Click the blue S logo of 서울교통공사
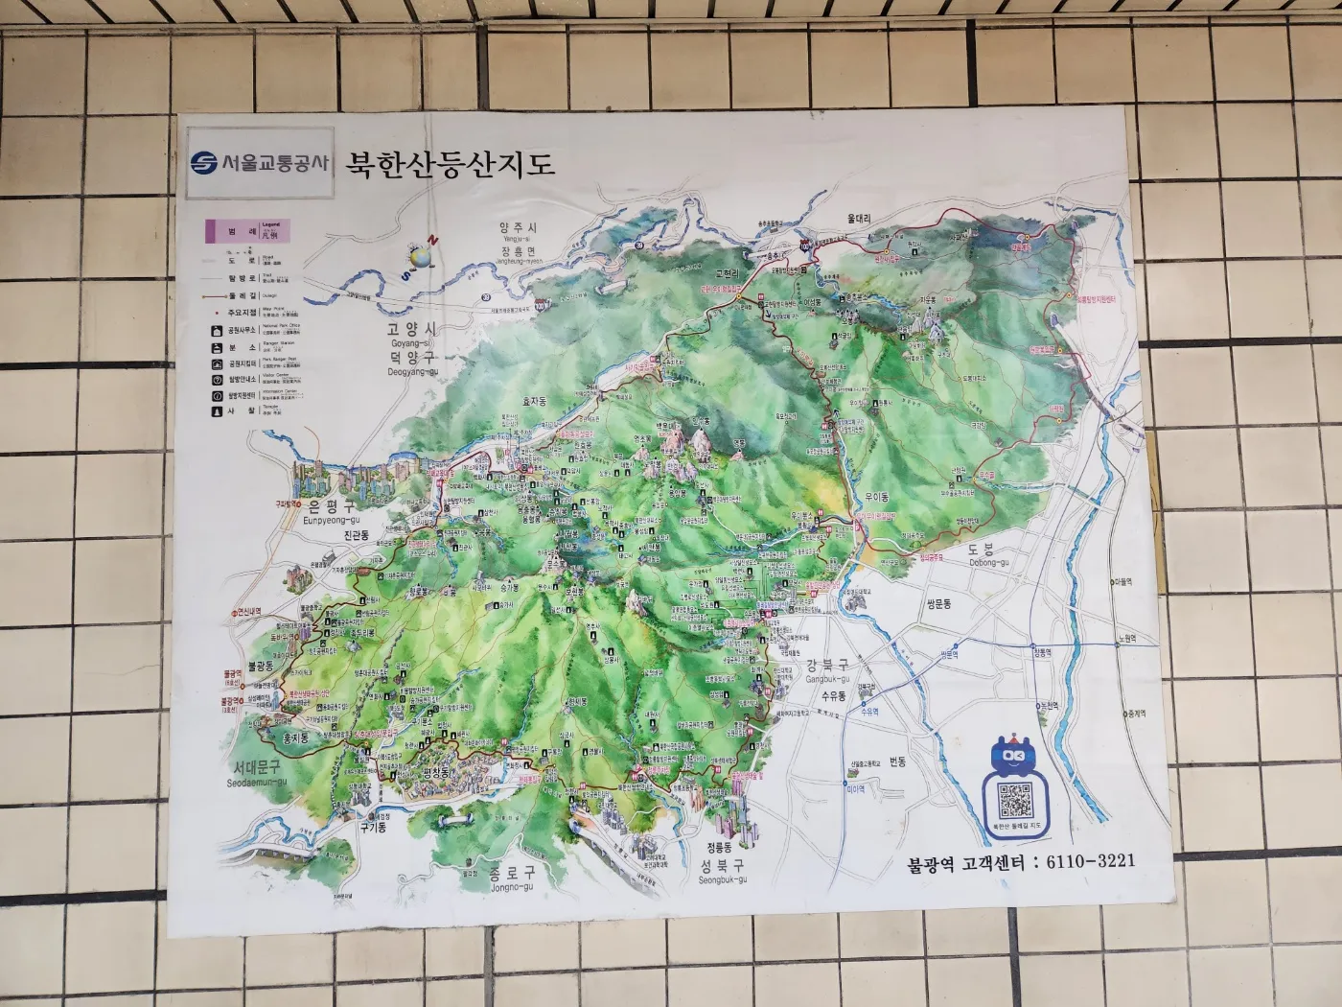(203, 163)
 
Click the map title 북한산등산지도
(450, 164)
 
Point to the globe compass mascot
(420, 257)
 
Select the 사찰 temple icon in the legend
(218, 411)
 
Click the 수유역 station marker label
(868, 712)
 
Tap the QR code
(1015, 800)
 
